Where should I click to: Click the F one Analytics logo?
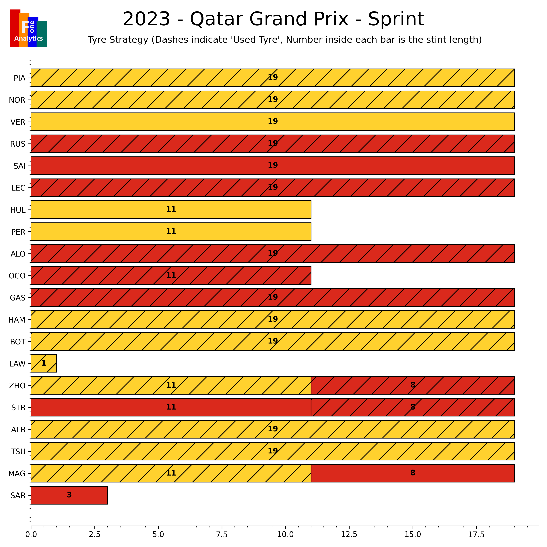(28, 28)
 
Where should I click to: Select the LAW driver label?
(17, 364)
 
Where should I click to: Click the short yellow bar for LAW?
(44, 363)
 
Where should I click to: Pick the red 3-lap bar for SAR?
(69, 495)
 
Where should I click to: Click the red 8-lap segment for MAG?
(412, 473)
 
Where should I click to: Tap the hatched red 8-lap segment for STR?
(412, 407)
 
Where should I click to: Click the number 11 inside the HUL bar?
(171, 209)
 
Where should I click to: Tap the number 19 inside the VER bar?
(273, 121)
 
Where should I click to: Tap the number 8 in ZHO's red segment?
(412, 385)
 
